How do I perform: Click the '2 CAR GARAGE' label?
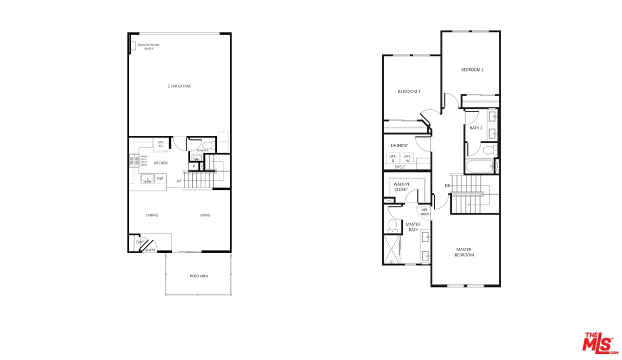click(179, 86)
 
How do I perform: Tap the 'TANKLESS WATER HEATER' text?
click(148, 46)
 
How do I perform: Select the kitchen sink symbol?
click(148, 178)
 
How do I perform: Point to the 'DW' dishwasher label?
click(160, 178)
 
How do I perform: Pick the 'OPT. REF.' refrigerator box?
click(161, 144)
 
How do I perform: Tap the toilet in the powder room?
click(208, 145)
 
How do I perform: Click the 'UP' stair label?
click(179, 180)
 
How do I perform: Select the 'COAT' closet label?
click(139, 242)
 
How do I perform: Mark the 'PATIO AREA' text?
click(199, 276)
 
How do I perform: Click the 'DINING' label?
click(152, 215)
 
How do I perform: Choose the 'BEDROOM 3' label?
click(409, 91)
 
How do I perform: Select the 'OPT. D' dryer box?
click(393, 158)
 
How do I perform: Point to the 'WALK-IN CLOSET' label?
click(401, 186)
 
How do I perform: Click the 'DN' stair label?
click(448, 186)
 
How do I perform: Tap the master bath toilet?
click(392, 225)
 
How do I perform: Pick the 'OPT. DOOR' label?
click(425, 212)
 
